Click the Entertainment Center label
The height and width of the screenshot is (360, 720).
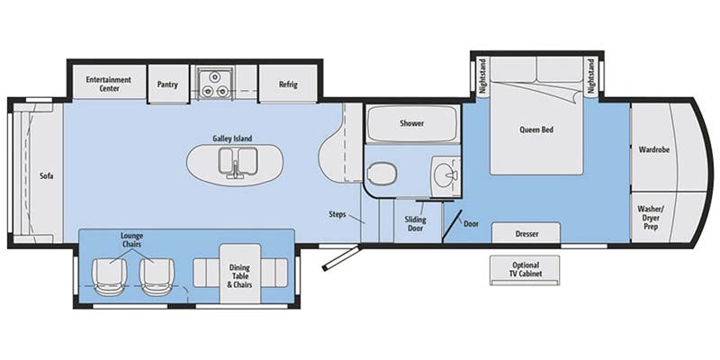click(x=109, y=84)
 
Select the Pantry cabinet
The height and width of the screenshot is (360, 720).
click(x=166, y=85)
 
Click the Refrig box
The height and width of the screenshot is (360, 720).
click(x=287, y=85)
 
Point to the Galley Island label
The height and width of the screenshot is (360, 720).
click(x=232, y=139)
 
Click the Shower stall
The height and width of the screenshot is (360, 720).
click(x=411, y=123)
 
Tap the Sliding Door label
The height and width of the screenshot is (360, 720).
click(x=415, y=224)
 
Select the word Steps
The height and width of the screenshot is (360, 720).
click(x=339, y=214)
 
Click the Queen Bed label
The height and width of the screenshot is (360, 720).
click(x=536, y=130)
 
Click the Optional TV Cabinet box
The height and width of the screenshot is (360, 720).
click(x=526, y=269)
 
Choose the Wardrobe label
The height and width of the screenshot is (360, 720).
click(x=653, y=149)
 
